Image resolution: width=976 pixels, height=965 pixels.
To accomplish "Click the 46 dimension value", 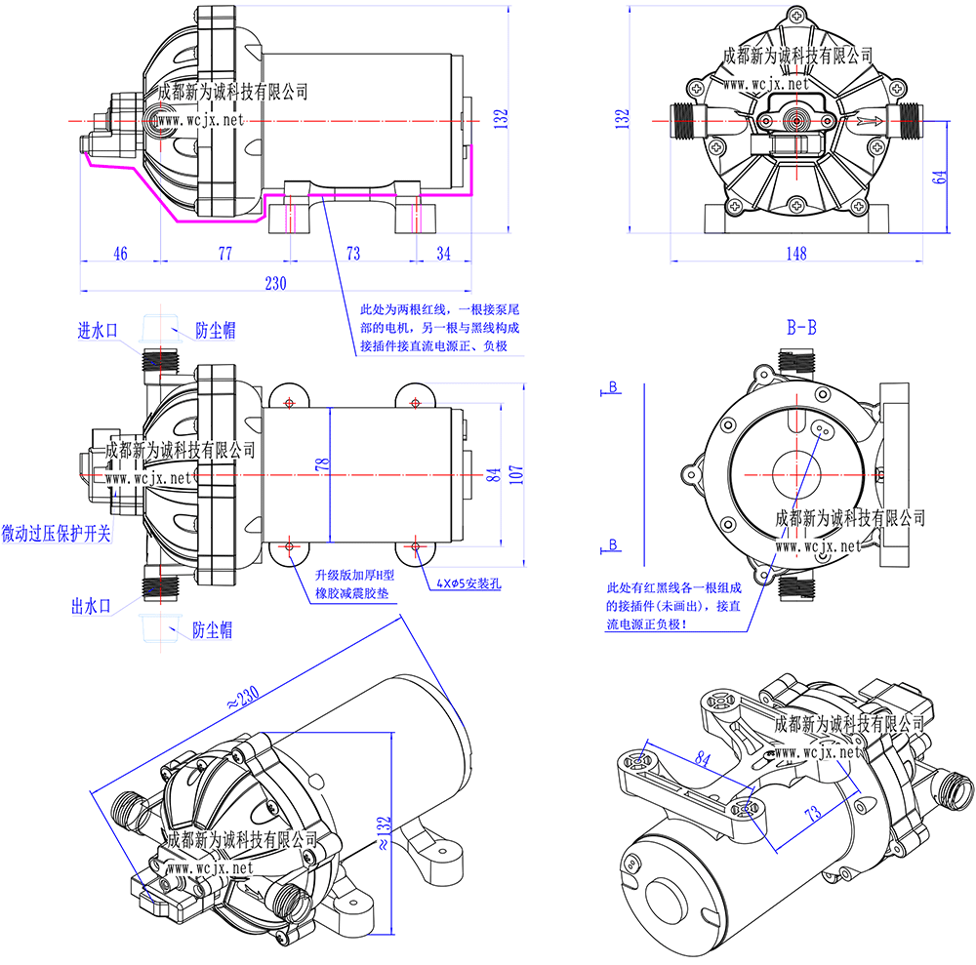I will pos(120,254).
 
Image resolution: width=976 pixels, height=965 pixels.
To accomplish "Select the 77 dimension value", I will pos(224,254).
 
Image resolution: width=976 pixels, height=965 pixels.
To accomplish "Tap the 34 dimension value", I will pos(443,254).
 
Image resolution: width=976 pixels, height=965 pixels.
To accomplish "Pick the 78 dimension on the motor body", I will pos(322,465).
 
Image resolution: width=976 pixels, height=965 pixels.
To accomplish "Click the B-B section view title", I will pos(801,327).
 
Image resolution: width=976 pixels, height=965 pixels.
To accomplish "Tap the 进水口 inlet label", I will pos(98,330).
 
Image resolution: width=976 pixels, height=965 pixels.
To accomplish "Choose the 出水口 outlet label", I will pos(90,606).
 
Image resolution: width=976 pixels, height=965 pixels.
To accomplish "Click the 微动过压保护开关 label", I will pos(57,534).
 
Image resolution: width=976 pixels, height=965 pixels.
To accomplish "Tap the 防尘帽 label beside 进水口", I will pos(215,330).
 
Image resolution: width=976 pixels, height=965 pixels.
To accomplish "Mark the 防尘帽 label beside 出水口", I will pos(212,629).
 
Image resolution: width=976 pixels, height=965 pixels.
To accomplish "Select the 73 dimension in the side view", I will pos(353,254).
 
